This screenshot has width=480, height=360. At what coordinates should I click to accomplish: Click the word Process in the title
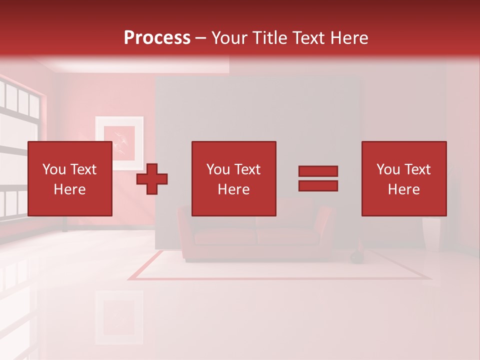coord(157,38)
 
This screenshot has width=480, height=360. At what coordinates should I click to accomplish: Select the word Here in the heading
coord(347,38)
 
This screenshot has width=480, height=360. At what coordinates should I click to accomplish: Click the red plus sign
coord(152,179)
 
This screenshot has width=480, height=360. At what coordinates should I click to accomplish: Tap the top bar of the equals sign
coord(318,171)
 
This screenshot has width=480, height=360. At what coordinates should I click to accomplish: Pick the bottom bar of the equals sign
coord(318,185)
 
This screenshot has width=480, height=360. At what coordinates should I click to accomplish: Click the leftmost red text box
coord(69,179)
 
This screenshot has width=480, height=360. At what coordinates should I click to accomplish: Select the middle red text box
coord(233,179)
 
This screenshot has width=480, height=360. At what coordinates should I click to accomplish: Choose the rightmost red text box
coord(403,179)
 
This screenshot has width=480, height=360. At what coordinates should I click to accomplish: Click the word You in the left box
coord(53,169)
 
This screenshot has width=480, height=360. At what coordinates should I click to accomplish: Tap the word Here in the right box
coord(403,189)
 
